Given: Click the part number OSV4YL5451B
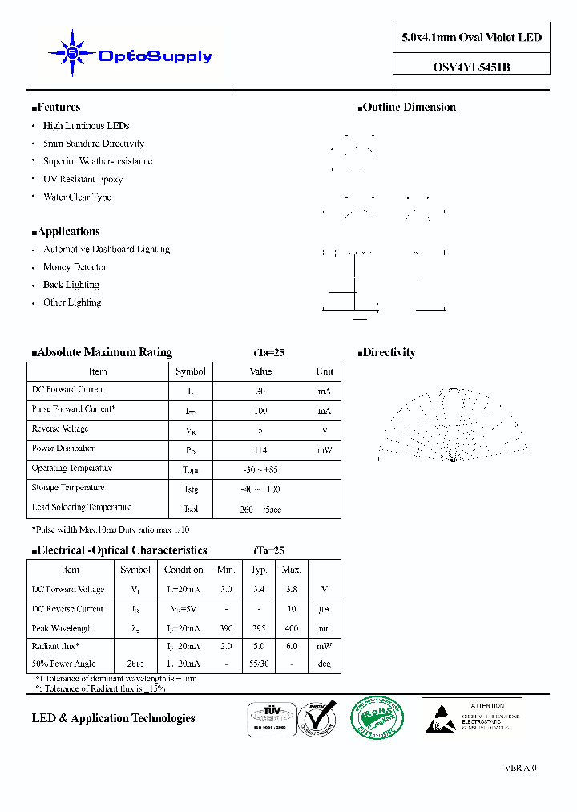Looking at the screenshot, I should pyautogui.click(x=471, y=67).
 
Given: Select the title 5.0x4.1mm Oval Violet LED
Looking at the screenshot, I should pyautogui.click(x=471, y=38).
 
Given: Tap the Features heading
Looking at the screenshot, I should pyautogui.click(x=58, y=108).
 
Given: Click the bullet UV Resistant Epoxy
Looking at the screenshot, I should pyautogui.click(x=83, y=179).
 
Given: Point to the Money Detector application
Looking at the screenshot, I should pyautogui.click(x=75, y=267).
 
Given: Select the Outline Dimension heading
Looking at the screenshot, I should pyautogui.click(x=408, y=108).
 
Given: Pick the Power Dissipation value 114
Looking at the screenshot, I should pyautogui.click(x=260, y=450).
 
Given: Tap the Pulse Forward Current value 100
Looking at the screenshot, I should pyautogui.click(x=260, y=411).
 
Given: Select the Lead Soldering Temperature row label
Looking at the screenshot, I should pyautogui.click(x=81, y=507).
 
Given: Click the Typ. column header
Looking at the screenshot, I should pyautogui.click(x=259, y=570).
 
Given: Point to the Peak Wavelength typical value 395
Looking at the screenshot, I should pyautogui.click(x=259, y=629).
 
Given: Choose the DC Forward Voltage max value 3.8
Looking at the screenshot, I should pyautogui.click(x=291, y=590).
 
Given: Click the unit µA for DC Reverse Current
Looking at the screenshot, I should pyautogui.click(x=324, y=610).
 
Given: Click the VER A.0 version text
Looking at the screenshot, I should pyautogui.click(x=520, y=768).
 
